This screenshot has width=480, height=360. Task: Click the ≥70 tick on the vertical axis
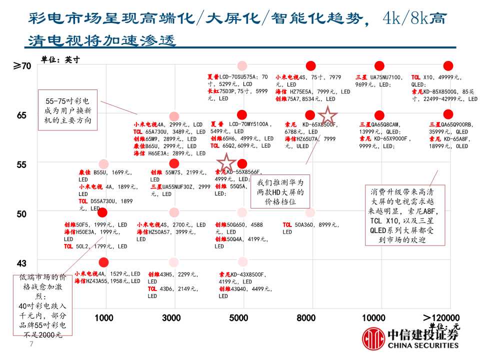tap(22, 66)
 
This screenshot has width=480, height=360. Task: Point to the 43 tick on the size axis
tap(22, 263)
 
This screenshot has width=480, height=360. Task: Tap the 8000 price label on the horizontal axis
tap(306, 318)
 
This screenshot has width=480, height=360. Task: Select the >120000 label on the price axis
tap(441, 318)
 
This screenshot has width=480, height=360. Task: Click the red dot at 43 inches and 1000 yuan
tap(103, 262)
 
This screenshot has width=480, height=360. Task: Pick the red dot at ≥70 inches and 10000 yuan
tap(379, 66)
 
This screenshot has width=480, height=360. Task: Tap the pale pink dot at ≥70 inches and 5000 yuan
tap(242, 66)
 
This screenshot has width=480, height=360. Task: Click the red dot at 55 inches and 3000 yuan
tap(174, 164)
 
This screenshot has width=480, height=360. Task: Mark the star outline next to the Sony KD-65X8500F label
tap(328, 115)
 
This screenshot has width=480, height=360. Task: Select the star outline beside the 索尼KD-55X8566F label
tap(226, 162)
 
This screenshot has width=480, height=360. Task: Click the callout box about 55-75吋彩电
tap(67, 110)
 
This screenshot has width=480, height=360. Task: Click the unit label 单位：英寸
tap(60, 59)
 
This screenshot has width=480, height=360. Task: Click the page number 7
tap(31, 344)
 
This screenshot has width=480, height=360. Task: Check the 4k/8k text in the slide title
tap(403, 19)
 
